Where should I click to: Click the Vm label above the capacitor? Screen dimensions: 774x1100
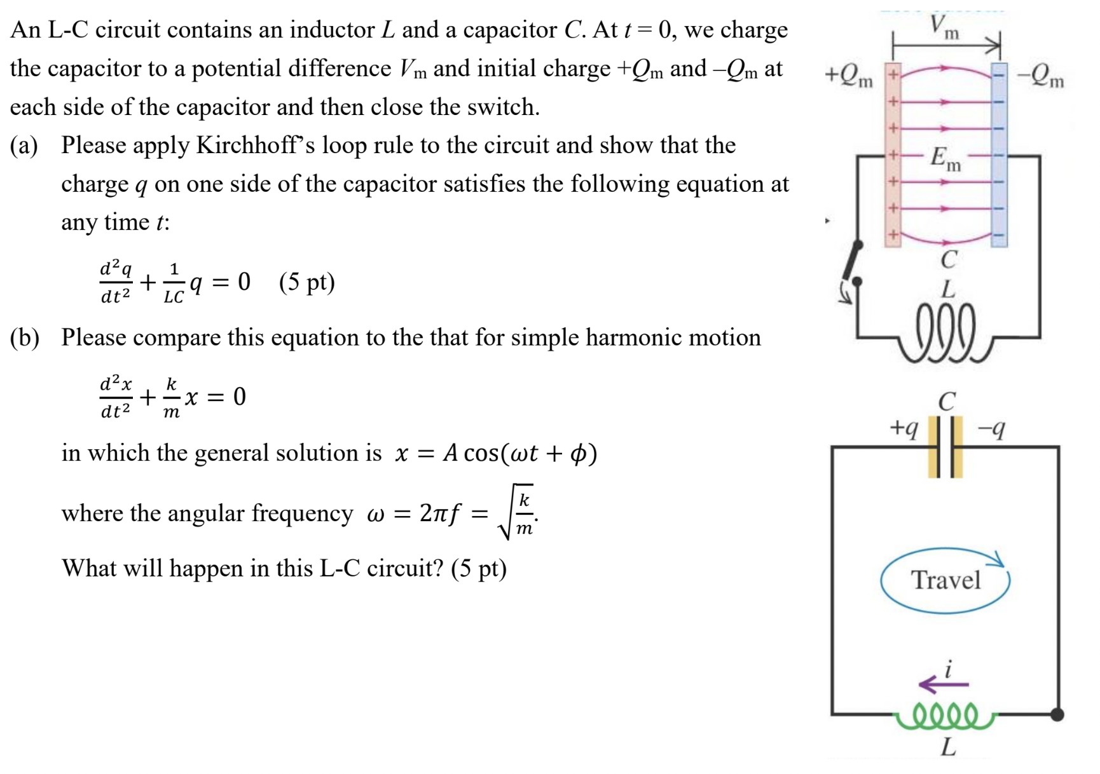point(945,27)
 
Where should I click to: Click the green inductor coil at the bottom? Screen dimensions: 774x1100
point(945,717)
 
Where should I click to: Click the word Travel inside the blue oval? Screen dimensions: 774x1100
point(945,580)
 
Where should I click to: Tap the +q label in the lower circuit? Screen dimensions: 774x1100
point(904,428)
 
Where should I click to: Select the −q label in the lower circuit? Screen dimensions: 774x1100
point(991,430)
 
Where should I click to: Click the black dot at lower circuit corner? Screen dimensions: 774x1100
point(1057,714)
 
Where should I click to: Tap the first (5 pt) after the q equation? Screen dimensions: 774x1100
point(306,282)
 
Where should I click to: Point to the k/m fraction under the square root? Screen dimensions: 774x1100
point(524,513)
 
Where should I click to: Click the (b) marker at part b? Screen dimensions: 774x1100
point(24,337)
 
